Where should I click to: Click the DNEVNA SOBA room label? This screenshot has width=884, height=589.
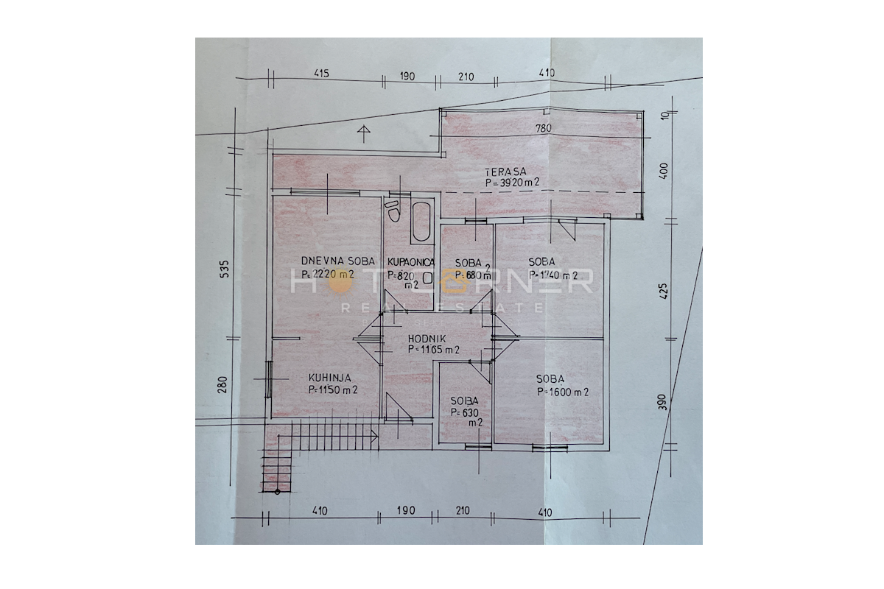338,261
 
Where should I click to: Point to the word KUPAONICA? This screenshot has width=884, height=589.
411,262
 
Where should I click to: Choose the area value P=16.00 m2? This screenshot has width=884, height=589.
563,392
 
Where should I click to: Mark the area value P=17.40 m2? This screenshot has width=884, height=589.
552,275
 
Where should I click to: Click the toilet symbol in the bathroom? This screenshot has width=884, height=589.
393,211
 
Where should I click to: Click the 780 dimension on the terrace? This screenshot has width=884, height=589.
544,128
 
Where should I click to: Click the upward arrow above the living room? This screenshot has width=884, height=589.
362,133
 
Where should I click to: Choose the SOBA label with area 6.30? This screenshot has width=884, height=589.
465,401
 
